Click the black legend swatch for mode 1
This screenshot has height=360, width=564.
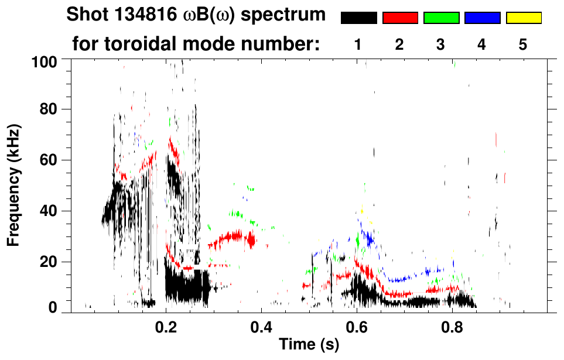click(x=358, y=18)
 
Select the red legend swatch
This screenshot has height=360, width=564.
click(x=400, y=18)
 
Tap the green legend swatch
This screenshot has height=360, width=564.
click(x=441, y=18)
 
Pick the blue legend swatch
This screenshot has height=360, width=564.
click(x=482, y=18)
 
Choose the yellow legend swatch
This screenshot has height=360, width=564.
click(x=523, y=18)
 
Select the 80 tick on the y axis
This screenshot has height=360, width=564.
click(x=49, y=109)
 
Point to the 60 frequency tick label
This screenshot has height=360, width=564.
click(x=49, y=160)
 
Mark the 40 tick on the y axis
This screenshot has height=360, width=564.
click(x=49, y=211)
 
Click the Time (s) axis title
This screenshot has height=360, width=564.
click(x=309, y=345)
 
